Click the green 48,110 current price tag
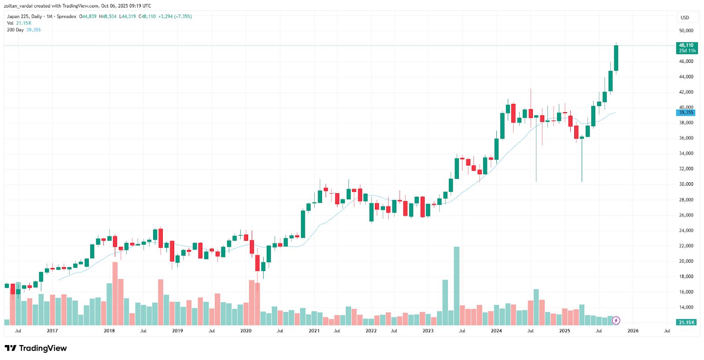coord(686,48)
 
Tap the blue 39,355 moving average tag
coord(686,113)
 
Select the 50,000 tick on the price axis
coord(686,31)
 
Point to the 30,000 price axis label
coord(686,184)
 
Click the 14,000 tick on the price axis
coord(686,307)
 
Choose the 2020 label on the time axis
coord(246,331)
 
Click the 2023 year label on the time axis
coord(428,331)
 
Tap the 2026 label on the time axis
coord(633,331)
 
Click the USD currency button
coord(685,18)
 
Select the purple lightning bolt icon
coord(616,320)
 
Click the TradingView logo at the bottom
coord(36,348)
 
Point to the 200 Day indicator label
coord(15,30)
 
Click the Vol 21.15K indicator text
coord(19,23)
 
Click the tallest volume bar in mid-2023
coord(457,286)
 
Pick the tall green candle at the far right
coord(616,58)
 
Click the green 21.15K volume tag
coord(686,323)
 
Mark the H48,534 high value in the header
coord(108,17)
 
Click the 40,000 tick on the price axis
coord(686,107)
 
